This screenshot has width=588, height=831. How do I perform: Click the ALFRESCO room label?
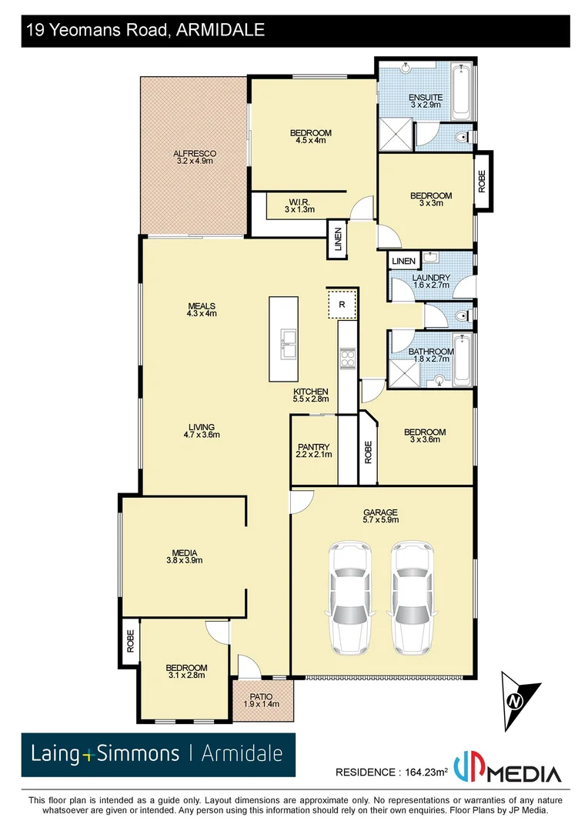[x=196, y=154]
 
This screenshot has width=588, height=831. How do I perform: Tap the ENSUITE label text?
[x=426, y=98]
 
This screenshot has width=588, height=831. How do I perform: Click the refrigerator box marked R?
[x=342, y=304]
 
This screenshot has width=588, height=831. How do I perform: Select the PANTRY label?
[x=313, y=447]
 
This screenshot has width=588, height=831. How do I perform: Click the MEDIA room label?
[x=185, y=552]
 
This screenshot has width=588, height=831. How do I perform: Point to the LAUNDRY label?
[x=431, y=278]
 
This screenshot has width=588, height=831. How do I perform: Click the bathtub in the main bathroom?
[x=463, y=360]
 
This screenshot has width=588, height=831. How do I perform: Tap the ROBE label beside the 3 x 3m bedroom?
[x=483, y=182]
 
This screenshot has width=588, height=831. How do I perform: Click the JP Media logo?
[x=507, y=770]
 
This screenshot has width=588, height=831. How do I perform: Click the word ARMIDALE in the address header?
[x=220, y=31]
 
